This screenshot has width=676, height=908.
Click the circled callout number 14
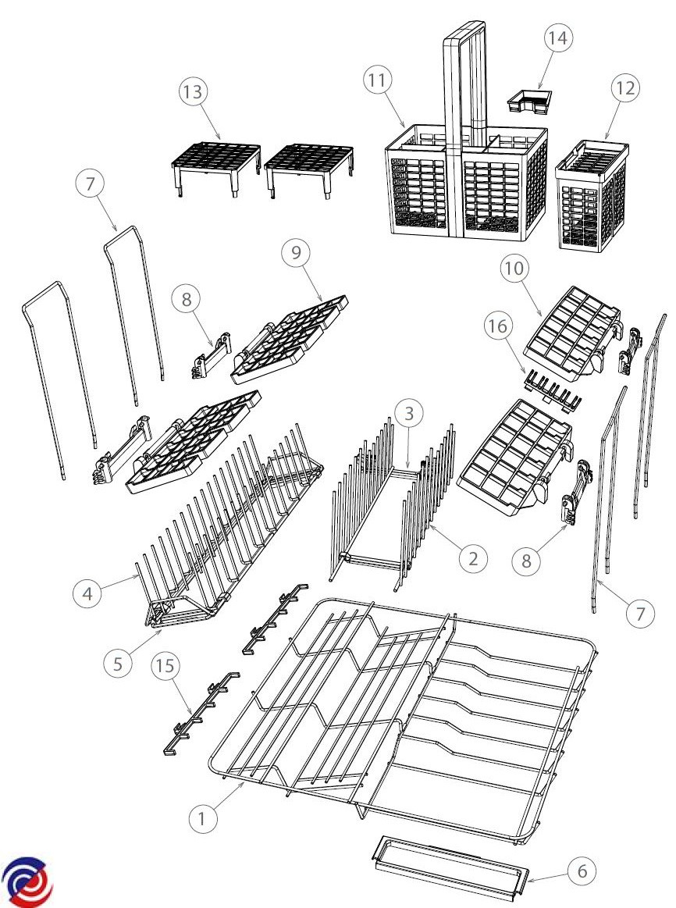tap(557, 38)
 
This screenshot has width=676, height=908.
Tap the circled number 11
tap(377, 80)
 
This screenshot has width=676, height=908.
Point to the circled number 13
tap(193, 91)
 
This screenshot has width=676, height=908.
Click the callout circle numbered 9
tap(296, 252)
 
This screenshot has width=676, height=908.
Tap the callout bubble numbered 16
tap(498, 326)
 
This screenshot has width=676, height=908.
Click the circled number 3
tap(409, 414)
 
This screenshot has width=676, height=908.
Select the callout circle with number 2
tap(473, 558)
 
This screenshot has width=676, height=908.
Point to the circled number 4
tap(88, 593)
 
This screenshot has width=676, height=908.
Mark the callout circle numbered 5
tap(118, 663)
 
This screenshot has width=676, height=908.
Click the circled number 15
tap(165, 665)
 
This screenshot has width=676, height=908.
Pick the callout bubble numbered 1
tap(203, 819)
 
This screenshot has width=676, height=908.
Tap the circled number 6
tap(582, 871)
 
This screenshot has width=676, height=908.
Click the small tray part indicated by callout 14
tap(529, 100)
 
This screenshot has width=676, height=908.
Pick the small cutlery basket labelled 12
tap(592, 194)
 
